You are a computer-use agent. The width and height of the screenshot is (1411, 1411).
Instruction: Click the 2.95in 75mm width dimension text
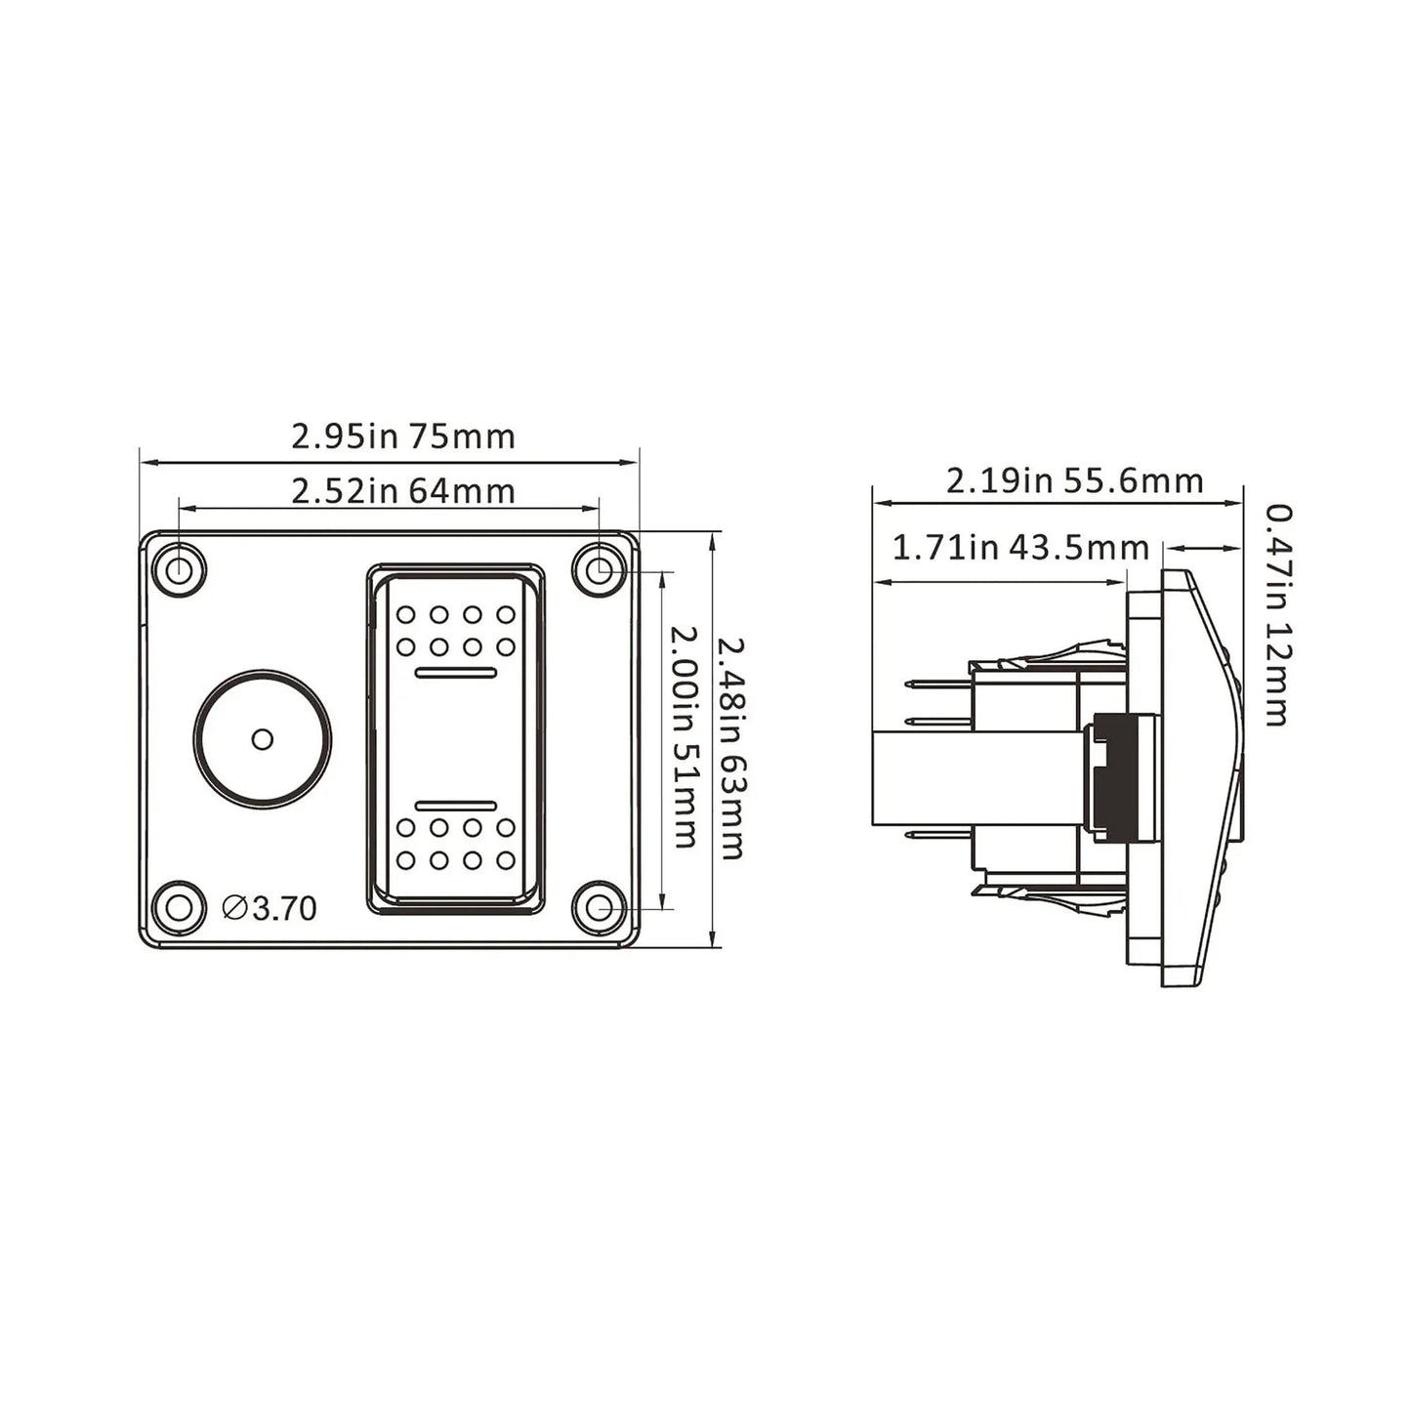tap(403, 436)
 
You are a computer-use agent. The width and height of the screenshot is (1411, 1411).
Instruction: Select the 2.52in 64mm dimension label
tap(403, 491)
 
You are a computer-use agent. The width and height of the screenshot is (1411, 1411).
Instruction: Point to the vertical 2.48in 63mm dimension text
tap(731, 748)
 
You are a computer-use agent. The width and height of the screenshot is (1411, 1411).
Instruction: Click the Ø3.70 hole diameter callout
tap(270, 908)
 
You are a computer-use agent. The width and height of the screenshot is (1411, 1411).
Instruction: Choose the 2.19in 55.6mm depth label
tap(1074, 481)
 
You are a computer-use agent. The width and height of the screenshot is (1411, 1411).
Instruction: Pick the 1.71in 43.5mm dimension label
tap(1020, 548)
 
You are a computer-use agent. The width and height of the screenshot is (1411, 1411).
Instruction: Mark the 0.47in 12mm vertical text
tap(1277, 615)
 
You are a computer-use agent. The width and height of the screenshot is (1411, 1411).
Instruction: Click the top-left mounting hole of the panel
tap(179, 568)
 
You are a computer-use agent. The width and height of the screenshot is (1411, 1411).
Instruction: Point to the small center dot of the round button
tap(262, 739)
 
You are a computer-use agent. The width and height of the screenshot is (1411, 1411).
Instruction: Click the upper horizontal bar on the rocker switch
tap(456, 672)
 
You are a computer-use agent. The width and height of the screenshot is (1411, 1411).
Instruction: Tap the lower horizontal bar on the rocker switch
tap(456, 806)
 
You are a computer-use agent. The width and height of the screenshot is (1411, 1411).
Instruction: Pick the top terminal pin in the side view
tap(938, 685)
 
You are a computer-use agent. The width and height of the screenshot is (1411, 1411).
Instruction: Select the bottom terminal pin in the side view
tap(938, 836)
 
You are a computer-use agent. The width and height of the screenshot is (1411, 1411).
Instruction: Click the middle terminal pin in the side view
tap(938, 722)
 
